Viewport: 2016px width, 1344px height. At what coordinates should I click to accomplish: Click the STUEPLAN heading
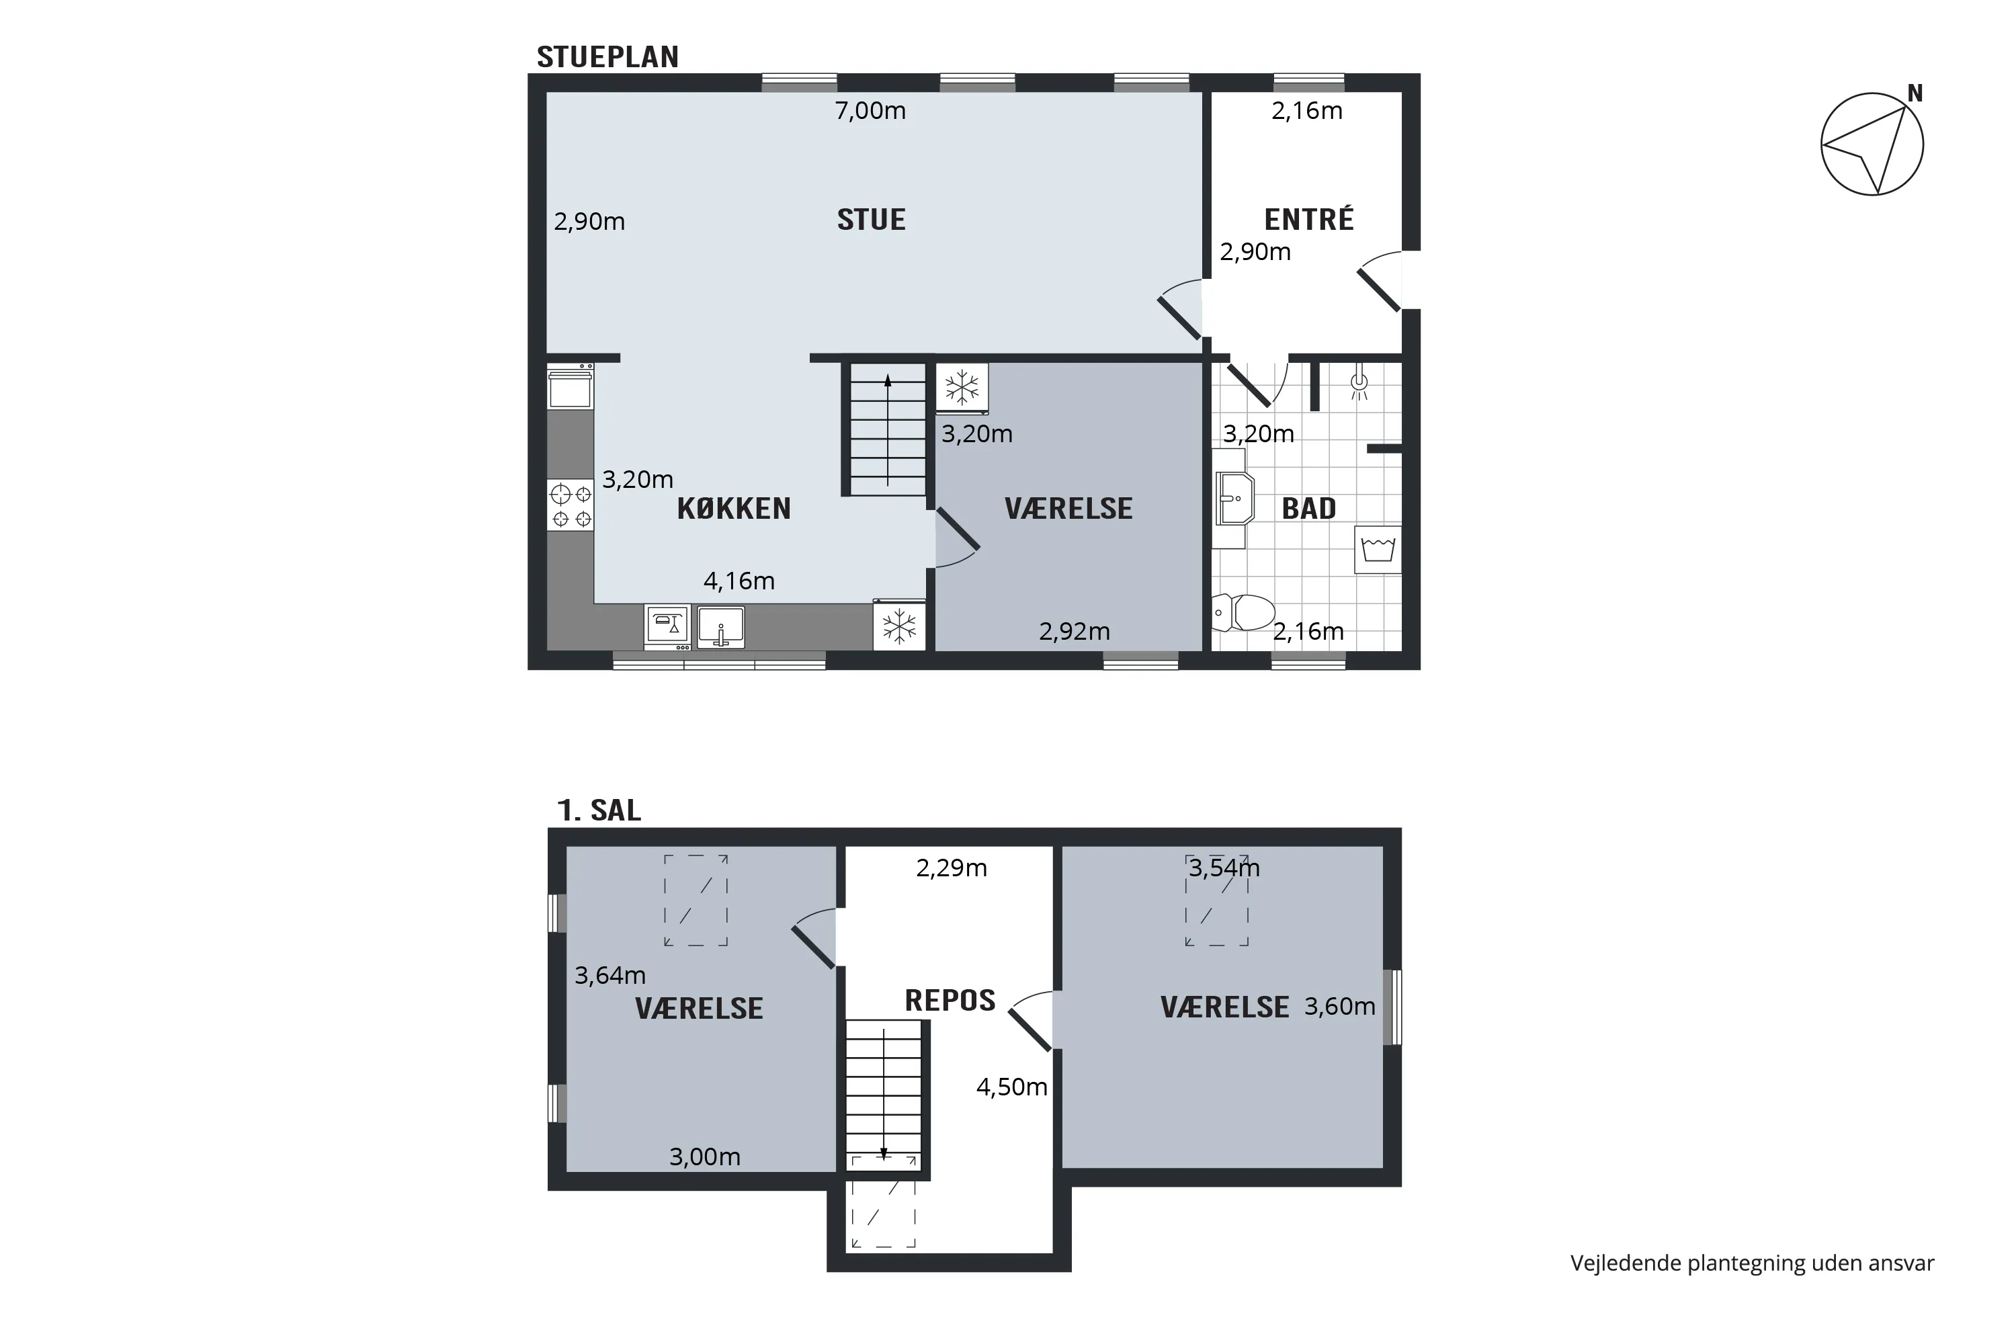point(607,56)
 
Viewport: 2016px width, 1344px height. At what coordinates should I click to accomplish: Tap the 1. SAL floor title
point(599,810)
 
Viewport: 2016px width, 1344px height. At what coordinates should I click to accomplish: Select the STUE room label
point(871,220)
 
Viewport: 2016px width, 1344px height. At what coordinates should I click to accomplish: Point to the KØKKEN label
point(734,508)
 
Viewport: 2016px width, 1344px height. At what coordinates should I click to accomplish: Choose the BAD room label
point(1309,508)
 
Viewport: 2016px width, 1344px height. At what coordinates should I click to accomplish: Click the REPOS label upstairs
point(950,1001)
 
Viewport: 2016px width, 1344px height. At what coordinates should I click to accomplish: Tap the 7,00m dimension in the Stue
point(870,111)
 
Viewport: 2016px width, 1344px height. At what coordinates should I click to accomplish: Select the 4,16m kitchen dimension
point(739,581)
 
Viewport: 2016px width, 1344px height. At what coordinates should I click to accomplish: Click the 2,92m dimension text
point(1074,632)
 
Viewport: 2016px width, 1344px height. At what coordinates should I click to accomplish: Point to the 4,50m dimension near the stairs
point(1011,1087)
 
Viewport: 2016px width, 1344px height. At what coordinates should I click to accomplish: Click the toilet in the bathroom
point(1244,613)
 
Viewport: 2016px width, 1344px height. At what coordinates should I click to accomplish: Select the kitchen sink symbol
point(721,626)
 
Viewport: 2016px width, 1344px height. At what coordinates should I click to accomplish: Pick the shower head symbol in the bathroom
point(1359,385)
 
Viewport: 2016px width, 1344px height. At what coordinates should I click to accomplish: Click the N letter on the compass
point(1915,93)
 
